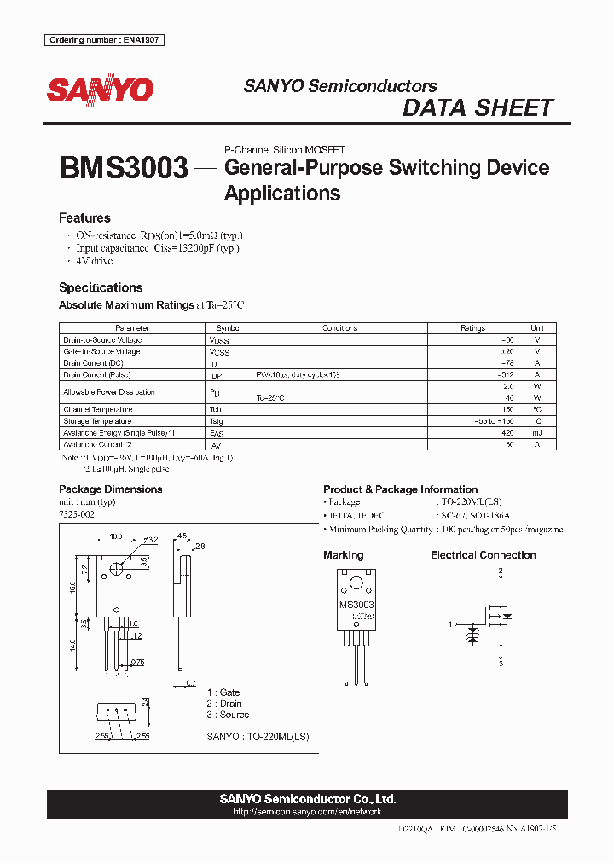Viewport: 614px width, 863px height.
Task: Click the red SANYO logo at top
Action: click(99, 90)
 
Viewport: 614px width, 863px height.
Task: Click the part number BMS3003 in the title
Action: click(124, 168)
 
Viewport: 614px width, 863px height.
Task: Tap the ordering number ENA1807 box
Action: click(104, 40)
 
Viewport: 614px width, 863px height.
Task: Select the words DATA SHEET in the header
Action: click(478, 108)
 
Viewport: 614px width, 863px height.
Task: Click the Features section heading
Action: click(84, 218)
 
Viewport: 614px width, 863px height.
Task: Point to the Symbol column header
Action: click(228, 328)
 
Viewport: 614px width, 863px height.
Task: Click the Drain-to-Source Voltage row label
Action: click(103, 339)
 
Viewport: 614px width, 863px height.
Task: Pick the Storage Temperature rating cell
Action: click(472, 421)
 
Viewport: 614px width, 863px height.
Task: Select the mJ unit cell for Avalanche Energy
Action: click(536, 433)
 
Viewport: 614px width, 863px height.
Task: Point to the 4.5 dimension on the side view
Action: click(182, 536)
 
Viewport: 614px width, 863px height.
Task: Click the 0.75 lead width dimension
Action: click(137, 662)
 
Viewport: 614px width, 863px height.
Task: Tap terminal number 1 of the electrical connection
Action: click(451, 625)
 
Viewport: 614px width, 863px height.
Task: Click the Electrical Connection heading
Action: click(483, 555)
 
